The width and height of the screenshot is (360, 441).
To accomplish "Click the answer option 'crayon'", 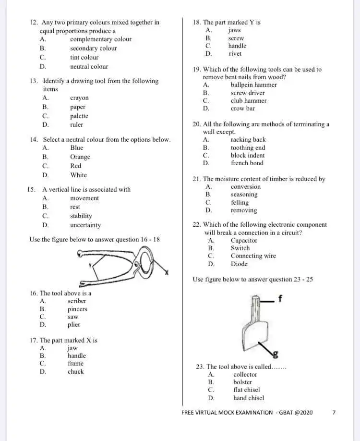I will [79, 98].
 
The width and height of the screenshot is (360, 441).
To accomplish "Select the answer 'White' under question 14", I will [79, 175].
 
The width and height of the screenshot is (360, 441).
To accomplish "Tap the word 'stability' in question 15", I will [81, 216].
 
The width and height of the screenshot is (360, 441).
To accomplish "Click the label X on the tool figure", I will [167, 272].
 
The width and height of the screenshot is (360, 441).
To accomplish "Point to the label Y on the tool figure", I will [90, 266].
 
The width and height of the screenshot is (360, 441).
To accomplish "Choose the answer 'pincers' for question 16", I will [77, 309].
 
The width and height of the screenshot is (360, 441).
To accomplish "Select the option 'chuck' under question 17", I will [75, 371].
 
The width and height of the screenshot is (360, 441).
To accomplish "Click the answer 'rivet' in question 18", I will [235, 54].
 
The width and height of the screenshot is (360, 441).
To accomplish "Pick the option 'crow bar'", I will [243, 109].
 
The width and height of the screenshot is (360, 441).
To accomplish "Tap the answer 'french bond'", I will [247, 163].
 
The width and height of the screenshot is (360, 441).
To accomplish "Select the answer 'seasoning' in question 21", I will [244, 195].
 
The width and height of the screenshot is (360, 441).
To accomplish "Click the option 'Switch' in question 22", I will [240, 248].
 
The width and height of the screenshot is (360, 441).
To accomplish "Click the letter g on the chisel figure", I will [276, 355].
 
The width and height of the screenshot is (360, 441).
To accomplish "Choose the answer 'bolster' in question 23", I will [242, 382].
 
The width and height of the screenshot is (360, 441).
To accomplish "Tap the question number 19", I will [196, 70].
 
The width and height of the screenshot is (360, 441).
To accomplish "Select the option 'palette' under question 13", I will [79, 116].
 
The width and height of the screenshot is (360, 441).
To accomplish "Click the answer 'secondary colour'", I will [93, 49].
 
